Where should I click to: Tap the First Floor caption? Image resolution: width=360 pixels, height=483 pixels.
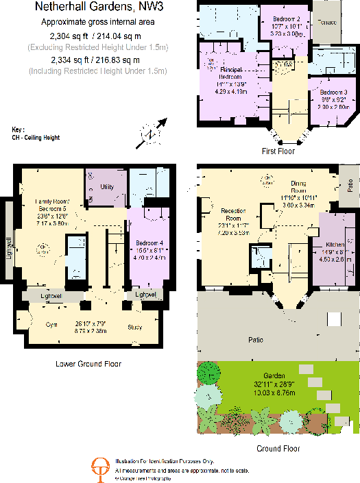278,151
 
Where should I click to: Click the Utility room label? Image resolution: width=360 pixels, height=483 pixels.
106,186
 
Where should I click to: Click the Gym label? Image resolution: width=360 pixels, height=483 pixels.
50,325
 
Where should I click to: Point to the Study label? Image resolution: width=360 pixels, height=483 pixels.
135,327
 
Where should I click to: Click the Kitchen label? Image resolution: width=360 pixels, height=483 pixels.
331,243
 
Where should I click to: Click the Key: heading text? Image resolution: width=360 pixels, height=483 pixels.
18,129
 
